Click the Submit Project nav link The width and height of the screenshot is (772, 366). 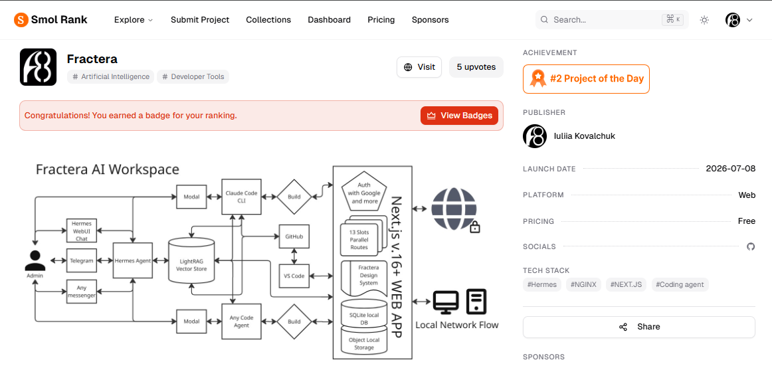[200, 20]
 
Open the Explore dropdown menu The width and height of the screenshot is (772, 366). [134, 20]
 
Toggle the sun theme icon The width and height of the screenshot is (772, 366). [704, 20]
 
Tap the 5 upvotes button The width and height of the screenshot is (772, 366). [476, 67]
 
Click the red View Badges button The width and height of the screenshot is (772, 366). [459, 116]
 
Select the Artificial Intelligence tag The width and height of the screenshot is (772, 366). [111, 77]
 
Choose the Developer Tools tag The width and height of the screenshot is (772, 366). [193, 77]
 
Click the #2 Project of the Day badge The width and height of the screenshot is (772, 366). [586, 78]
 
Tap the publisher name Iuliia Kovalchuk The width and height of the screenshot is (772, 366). [585, 136]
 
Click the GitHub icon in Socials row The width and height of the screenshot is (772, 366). [750, 246]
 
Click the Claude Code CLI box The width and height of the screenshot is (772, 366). [241, 197]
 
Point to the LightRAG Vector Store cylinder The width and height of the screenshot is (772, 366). [191, 261]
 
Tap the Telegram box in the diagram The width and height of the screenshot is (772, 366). [82, 260]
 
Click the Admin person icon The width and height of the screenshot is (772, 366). [35, 260]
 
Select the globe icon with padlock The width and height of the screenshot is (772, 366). [455, 210]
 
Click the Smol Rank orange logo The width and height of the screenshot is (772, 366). [21, 20]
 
